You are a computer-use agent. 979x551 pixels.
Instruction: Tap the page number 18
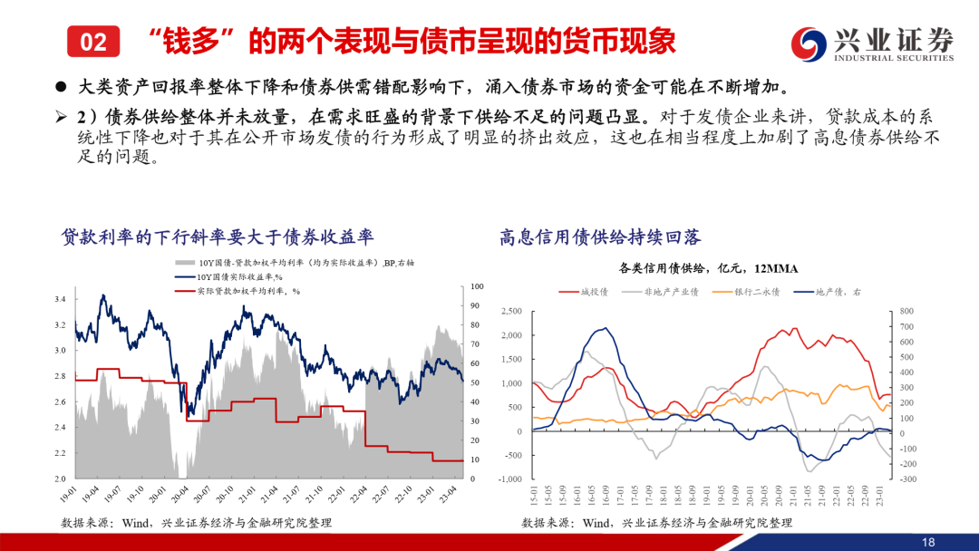pos(927,541)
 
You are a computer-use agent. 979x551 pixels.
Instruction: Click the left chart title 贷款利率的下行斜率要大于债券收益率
pos(218,237)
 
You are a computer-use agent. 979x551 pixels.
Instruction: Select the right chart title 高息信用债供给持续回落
pos(600,237)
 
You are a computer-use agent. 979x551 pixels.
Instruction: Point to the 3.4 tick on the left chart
pos(60,299)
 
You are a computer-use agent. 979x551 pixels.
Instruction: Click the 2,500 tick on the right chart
pos(510,312)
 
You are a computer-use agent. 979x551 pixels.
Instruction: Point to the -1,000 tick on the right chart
pos(509,479)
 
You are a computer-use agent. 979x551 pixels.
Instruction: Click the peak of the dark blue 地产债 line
pos(599,328)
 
